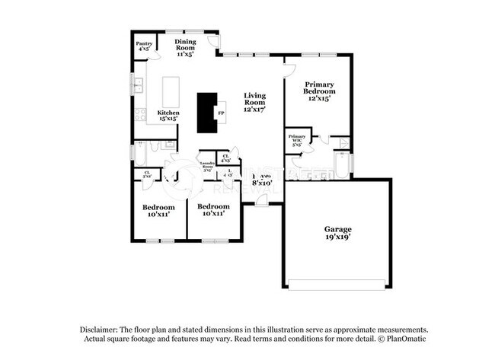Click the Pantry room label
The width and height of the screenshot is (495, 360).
(143, 46)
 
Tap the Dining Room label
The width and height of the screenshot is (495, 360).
(185, 47)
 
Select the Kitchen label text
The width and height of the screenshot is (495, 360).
(168, 116)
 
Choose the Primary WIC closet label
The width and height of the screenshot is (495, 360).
(296, 139)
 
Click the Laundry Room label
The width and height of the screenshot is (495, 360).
(206, 167)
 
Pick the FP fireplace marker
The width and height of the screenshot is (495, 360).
(222, 113)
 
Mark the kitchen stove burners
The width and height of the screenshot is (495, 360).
(140, 115)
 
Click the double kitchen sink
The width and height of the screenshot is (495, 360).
(139, 85)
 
